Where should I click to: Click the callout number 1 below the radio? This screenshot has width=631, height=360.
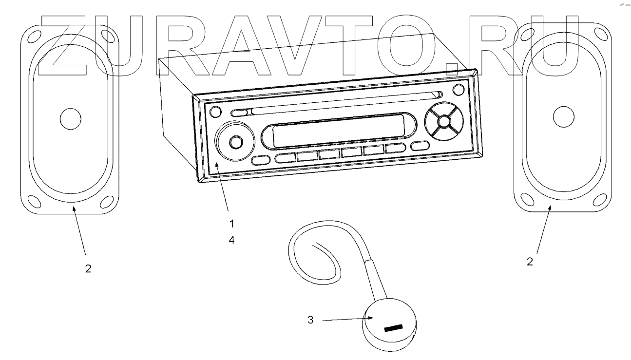[x=232, y=224]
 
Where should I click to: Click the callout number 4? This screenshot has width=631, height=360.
[x=232, y=240]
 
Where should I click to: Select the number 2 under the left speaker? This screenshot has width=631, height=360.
[x=88, y=268]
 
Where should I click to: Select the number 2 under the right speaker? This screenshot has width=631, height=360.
[x=530, y=261]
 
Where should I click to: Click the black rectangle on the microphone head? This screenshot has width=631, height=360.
[x=394, y=327]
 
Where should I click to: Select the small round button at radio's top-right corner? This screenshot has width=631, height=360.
[x=458, y=90]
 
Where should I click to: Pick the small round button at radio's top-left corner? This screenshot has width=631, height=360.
[x=214, y=112]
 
